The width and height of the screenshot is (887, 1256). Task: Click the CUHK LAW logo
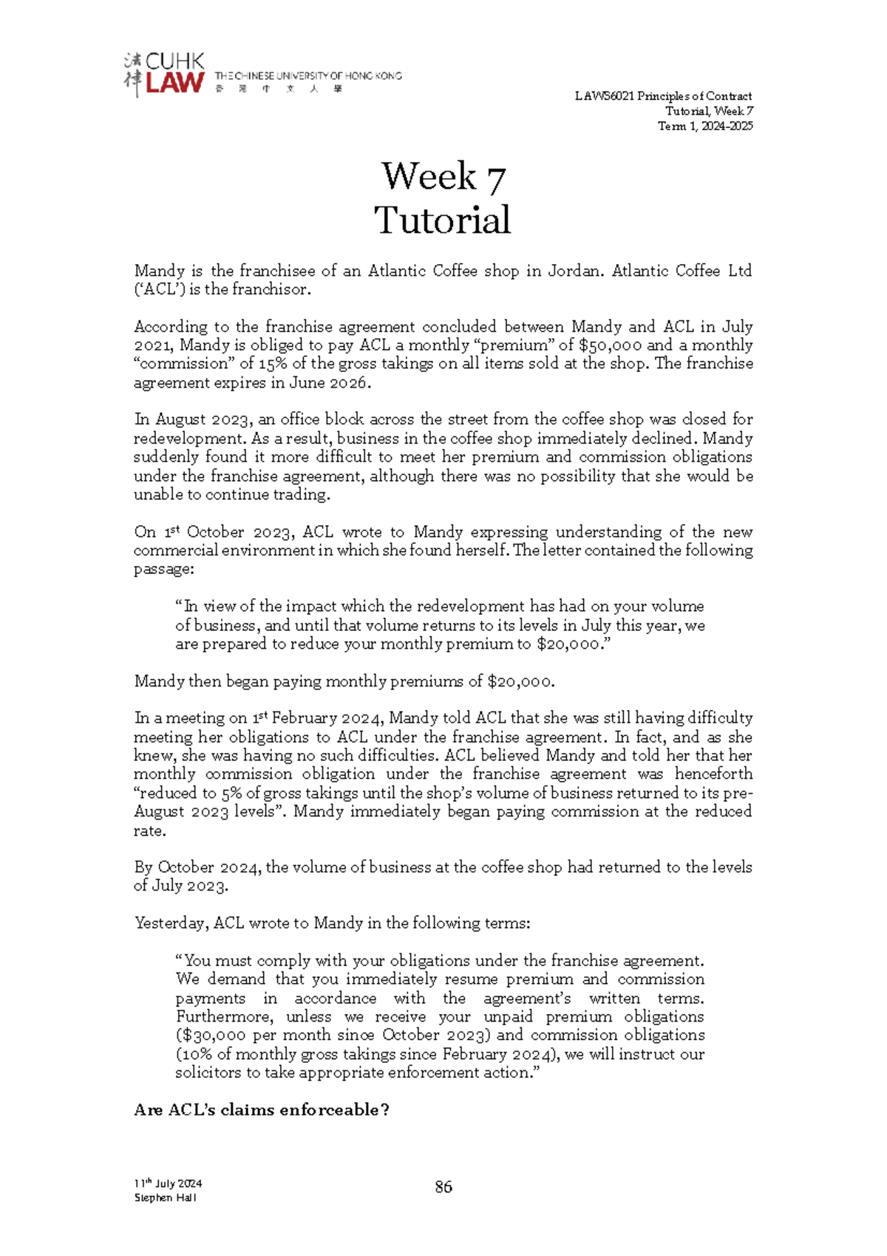tap(164, 74)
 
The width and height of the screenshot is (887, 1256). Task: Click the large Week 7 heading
tap(443, 177)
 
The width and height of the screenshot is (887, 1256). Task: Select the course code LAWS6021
tap(605, 96)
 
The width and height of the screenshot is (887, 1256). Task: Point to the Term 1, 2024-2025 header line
tap(705, 126)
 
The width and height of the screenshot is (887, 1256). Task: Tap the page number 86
tap(443, 1186)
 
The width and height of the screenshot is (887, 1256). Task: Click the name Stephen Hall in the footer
tap(165, 1198)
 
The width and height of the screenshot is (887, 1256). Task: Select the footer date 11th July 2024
tap(168, 1184)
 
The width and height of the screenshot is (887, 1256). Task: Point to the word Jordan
tap(575, 271)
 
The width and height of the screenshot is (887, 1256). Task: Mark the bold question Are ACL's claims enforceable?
tap(261, 1110)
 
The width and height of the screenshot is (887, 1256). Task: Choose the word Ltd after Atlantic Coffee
tap(739, 271)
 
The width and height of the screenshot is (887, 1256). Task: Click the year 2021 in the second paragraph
tap(152, 345)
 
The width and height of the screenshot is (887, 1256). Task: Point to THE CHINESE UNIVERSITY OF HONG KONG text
tap(307, 75)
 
